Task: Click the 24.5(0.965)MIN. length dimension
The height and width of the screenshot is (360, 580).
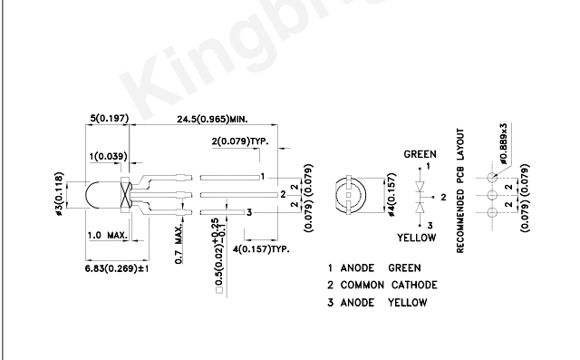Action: point(212,119)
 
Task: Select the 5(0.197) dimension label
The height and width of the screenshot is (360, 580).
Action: point(110,119)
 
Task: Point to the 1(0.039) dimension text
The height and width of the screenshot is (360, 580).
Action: point(109,157)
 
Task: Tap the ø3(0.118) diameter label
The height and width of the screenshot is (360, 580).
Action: point(59,194)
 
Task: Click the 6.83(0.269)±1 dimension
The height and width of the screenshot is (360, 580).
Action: point(117,268)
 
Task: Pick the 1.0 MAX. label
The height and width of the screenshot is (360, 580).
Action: point(107,235)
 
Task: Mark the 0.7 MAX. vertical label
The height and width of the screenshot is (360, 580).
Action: point(179,243)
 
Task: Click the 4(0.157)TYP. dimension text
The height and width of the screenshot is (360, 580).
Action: point(261,249)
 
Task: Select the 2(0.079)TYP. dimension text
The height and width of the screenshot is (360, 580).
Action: point(240,141)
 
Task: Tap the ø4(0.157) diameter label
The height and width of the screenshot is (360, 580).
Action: point(391,195)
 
